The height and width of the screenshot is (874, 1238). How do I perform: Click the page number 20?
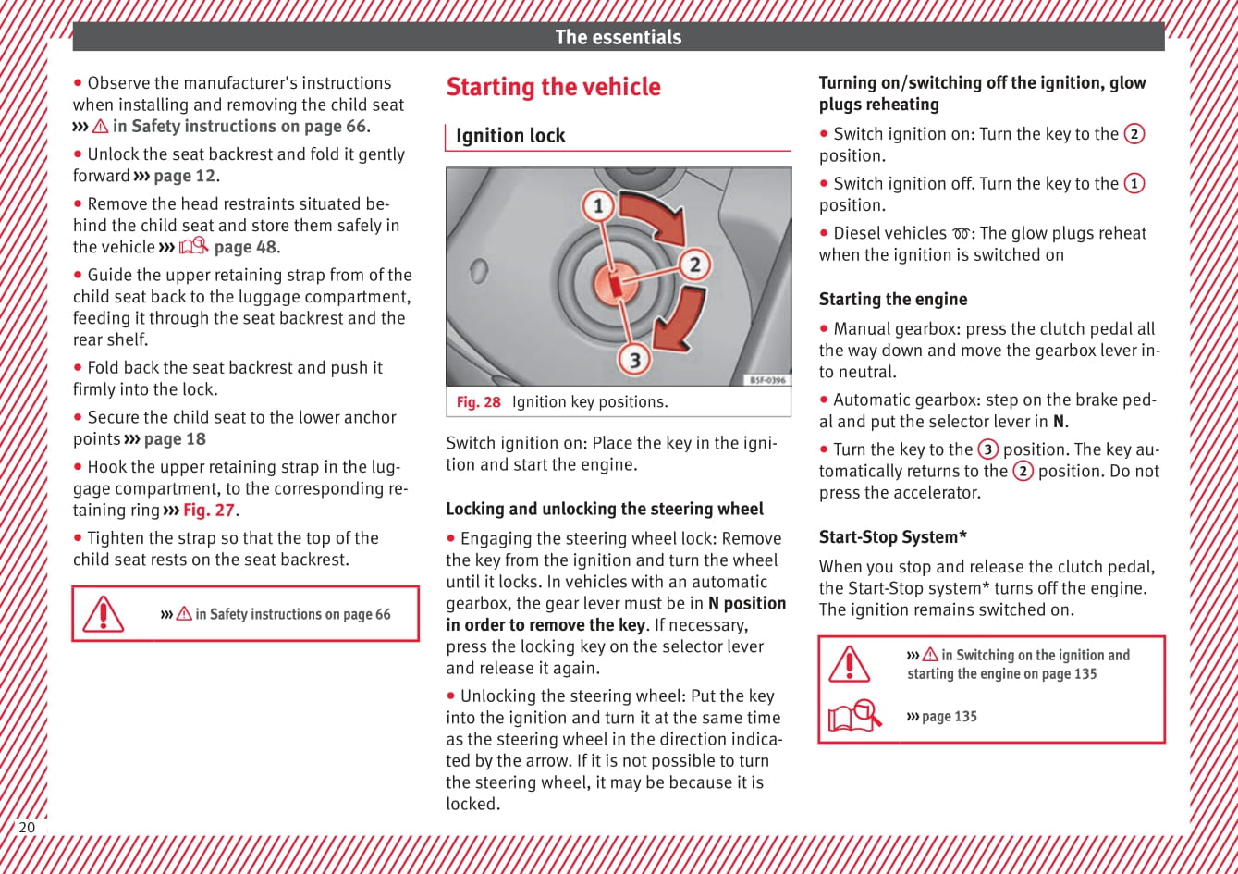point(27,827)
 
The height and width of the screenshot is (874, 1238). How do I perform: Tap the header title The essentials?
point(618,37)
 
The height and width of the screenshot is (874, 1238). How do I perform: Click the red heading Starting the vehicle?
point(553,87)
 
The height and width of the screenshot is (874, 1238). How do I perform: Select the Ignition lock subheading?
point(510,136)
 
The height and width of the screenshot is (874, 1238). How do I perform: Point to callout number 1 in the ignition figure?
point(598,204)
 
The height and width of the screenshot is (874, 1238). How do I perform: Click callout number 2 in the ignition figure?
point(694,265)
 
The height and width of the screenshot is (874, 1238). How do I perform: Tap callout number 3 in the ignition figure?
point(634,358)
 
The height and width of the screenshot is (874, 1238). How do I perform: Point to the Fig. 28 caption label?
point(478,402)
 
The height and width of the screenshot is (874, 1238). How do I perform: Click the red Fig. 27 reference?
point(209,511)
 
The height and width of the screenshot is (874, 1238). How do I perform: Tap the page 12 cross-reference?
point(185,176)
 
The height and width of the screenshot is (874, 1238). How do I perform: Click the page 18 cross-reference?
point(175,439)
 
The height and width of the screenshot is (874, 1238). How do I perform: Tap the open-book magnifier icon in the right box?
point(855,717)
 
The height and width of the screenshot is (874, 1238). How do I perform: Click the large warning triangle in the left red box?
point(103,614)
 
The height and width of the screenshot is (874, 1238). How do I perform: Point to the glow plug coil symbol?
point(961,234)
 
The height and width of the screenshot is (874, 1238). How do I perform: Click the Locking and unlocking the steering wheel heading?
point(605,510)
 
